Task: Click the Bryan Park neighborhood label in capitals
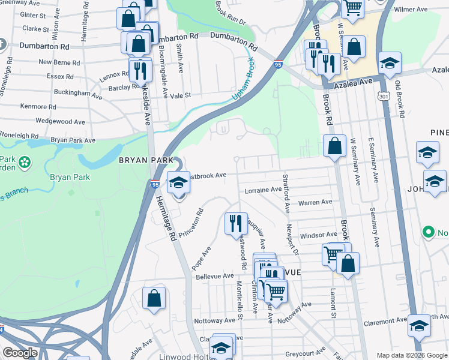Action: [145, 160]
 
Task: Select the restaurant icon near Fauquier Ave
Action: [235, 223]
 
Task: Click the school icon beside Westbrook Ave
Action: [178, 182]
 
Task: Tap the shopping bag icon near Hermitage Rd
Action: [154, 298]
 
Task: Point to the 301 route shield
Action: [383, 95]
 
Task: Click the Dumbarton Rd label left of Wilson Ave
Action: [44, 46]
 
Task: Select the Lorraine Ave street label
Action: [263, 190]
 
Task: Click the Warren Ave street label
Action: [317, 203]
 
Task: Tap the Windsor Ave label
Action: [319, 235]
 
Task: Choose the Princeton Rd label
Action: [196, 221]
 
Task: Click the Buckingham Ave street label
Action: [78, 94]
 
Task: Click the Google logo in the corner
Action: [20, 353]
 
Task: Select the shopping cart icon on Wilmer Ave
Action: [353, 7]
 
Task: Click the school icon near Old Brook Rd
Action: [390, 62]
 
